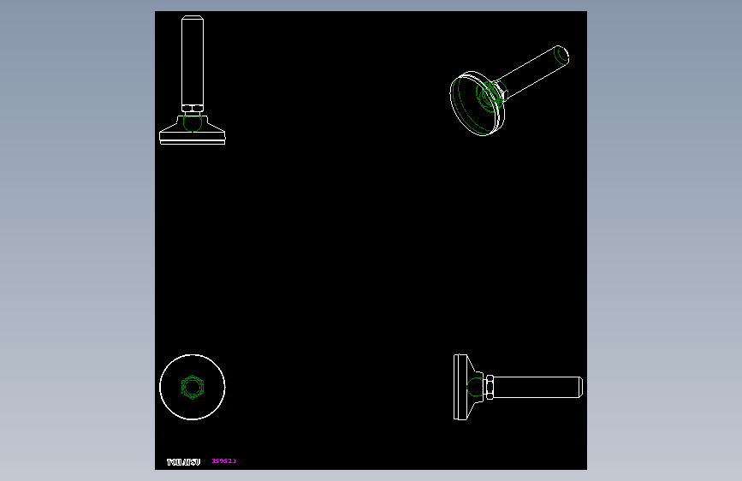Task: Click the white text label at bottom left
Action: tap(183, 462)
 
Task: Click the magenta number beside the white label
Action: tap(223, 461)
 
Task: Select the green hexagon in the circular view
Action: tap(193, 387)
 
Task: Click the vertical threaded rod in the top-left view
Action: tap(193, 60)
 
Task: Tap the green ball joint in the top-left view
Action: tap(193, 124)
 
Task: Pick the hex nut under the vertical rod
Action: tap(193, 109)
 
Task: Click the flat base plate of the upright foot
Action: tap(193, 141)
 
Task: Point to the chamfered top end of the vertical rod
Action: tap(193, 18)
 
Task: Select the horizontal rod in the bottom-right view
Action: tap(535, 387)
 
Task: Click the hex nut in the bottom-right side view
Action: tap(490, 387)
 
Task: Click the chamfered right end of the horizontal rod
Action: tap(579, 387)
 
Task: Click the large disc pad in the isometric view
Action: tap(466, 107)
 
